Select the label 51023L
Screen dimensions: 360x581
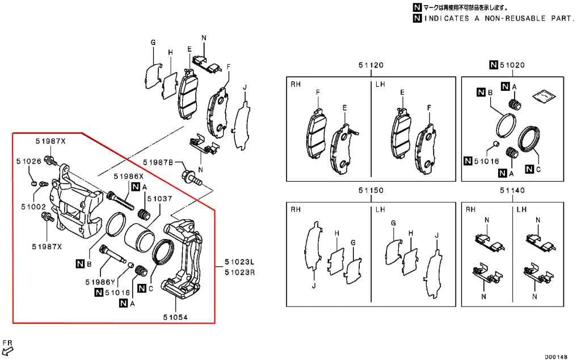[x=239, y=262]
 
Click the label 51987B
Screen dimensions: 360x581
[x=158, y=162]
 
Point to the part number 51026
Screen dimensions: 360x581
[x=28, y=161]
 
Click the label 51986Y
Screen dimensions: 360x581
[x=100, y=282]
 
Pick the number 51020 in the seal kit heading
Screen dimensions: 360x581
[x=512, y=66]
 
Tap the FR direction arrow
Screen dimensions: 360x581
[x=7, y=351]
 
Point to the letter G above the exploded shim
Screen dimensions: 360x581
[x=153, y=43]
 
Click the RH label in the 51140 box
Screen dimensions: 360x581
[x=470, y=210]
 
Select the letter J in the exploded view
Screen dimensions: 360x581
[x=245, y=87]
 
